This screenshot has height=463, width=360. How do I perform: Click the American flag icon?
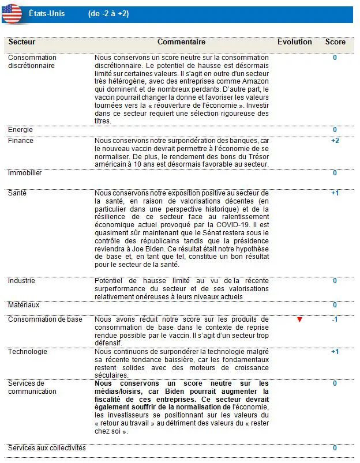click(12, 13)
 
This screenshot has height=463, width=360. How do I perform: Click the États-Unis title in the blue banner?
click(47, 13)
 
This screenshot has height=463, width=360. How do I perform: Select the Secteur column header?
click(22, 42)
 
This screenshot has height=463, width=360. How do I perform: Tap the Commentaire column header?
click(181, 42)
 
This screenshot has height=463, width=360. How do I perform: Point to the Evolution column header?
click(294, 42)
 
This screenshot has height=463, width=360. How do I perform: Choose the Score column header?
click(335, 42)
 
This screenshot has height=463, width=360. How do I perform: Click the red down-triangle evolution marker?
click(299, 319)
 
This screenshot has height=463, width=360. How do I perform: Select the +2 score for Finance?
click(335, 141)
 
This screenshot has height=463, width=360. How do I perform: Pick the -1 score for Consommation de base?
click(335, 319)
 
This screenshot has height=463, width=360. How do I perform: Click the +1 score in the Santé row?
click(335, 193)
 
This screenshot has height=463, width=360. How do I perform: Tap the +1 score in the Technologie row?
click(335, 352)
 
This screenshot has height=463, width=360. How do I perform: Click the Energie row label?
click(20, 130)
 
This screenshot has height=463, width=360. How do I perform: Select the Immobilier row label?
click(25, 173)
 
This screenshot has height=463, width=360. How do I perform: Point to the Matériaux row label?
click(24, 304)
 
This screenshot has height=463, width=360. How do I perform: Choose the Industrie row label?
click(21, 281)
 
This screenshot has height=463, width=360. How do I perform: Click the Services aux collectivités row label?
click(47, 448)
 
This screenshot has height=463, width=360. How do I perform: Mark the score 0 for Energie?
click(335, 130)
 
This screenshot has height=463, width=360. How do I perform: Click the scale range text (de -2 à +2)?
click(108, 13)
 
